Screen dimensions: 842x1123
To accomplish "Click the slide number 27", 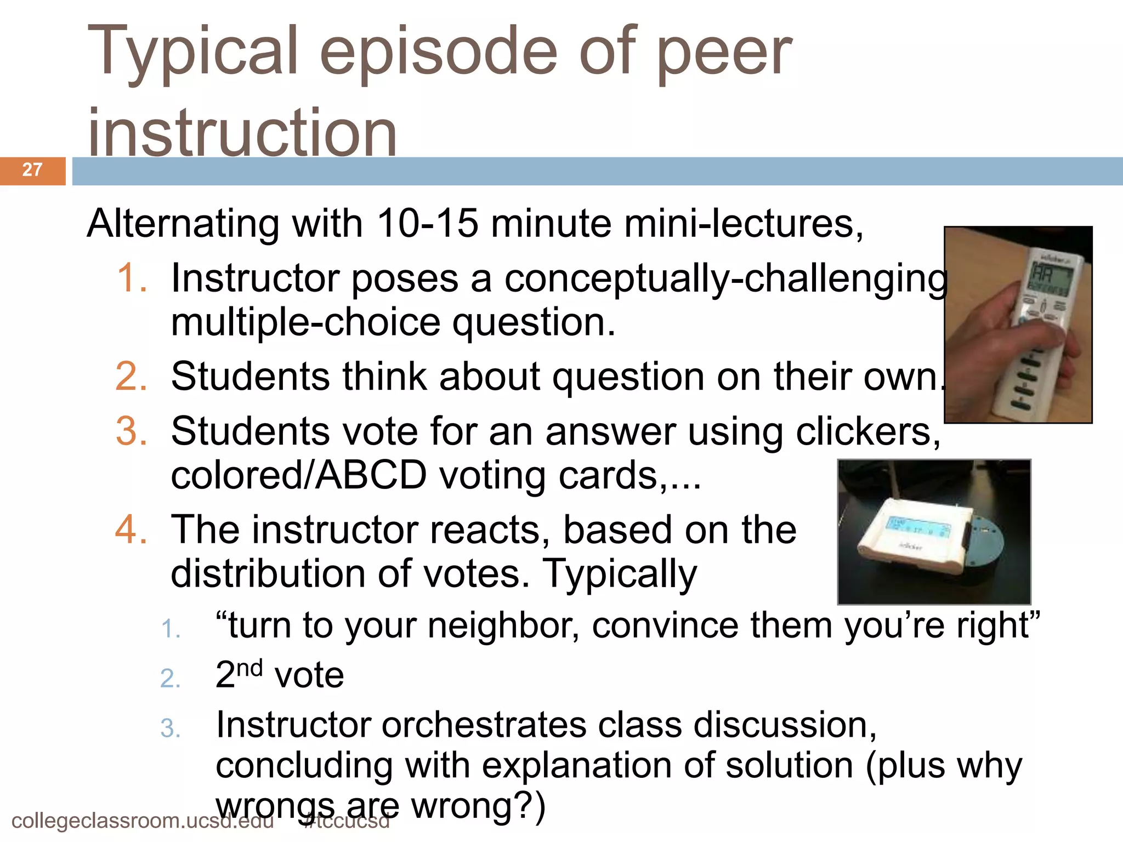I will point(32,170).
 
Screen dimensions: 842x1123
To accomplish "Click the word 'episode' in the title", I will point(439,52).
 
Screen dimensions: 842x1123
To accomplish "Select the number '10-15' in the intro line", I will point(428,224).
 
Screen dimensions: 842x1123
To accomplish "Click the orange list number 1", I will point(132,278).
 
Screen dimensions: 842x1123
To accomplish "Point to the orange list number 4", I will point(132,530).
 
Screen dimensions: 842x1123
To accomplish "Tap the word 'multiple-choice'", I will point(306,322).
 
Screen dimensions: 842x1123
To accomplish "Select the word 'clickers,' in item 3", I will point(868,431).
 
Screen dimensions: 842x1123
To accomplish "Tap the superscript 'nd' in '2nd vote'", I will point(250,668).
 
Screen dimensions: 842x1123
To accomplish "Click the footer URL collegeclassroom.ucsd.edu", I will point(143,821).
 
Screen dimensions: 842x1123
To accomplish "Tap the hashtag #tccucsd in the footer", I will point(347,821).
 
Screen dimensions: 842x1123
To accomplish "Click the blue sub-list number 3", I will point(171,729).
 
